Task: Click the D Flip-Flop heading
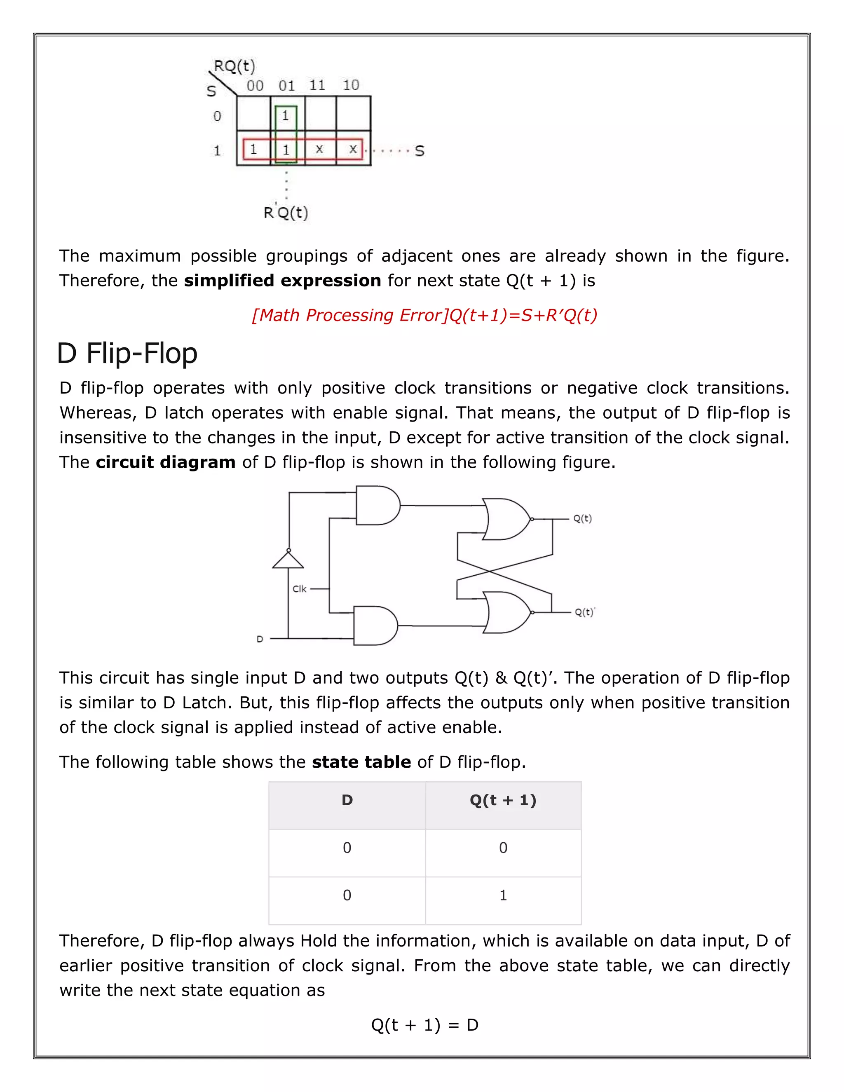point(127,354)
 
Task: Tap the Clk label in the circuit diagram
point(299,589)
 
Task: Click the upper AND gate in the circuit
point(377,505)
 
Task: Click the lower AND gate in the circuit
point(374,626)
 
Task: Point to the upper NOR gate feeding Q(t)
point(505,519)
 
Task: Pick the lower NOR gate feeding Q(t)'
point(506,612)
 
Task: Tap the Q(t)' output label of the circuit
point(584,612)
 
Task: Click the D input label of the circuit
point(260,639)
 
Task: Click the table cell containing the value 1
point(503,895)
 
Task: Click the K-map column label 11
point(317,85)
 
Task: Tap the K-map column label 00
point(255,85)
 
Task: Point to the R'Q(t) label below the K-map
point(286,213)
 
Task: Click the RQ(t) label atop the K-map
point(234,66)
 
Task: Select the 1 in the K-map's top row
point(285,116)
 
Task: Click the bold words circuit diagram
point(166,462)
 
